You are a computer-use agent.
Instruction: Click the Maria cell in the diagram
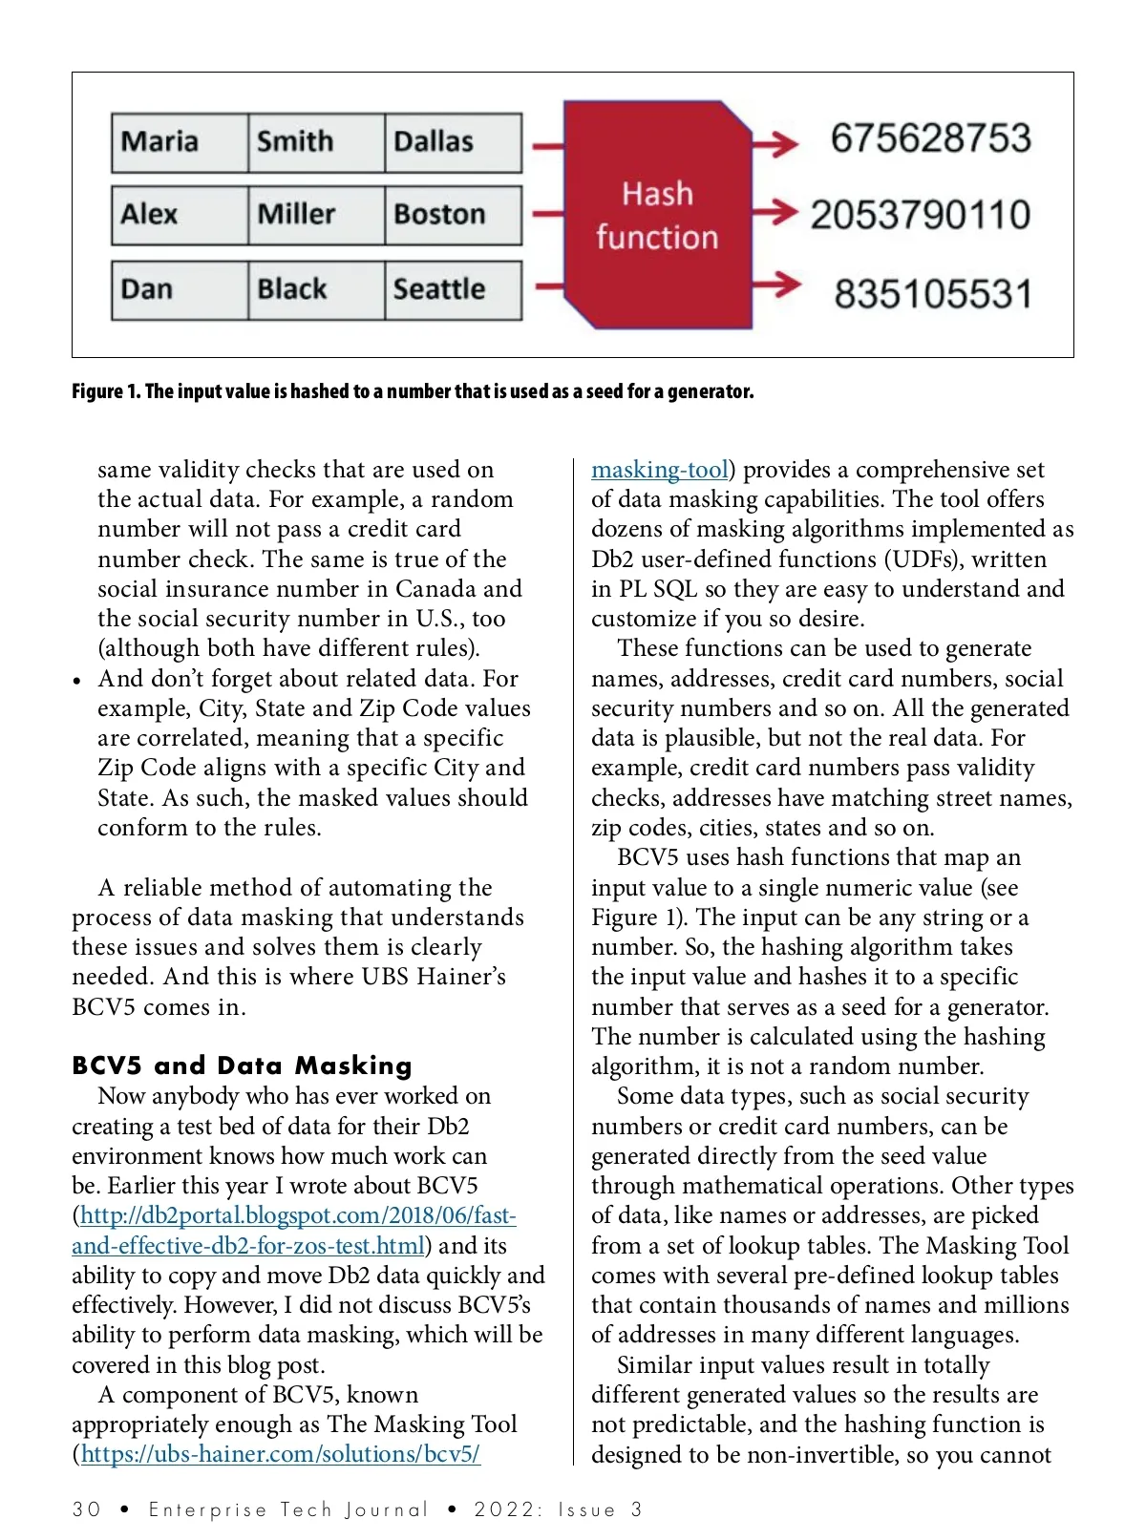(179, 142)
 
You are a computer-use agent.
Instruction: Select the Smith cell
(315, 142)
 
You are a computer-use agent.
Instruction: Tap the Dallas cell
(453, 142)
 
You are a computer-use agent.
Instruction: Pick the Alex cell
(179, 215)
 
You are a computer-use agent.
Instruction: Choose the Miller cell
(315, 215)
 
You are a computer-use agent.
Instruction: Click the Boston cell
(453, 215)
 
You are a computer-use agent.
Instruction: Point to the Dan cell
(179, 289)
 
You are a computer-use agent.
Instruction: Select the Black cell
(315, 289)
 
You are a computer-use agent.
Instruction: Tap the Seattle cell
(453, 289)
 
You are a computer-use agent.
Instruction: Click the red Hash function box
(657, 216)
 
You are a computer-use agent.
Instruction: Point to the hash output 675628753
(930, 138)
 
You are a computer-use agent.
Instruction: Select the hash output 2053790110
(921, 215)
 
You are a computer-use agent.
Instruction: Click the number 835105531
(933, 294)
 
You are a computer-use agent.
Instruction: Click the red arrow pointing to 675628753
(775, 144)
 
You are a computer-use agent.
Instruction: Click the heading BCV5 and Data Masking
(242, 1065)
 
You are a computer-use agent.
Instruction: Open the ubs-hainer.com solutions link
(280, 1454)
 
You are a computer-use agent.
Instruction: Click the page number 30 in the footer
(86, 1509)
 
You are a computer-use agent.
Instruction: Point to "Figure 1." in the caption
(105, 391)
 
